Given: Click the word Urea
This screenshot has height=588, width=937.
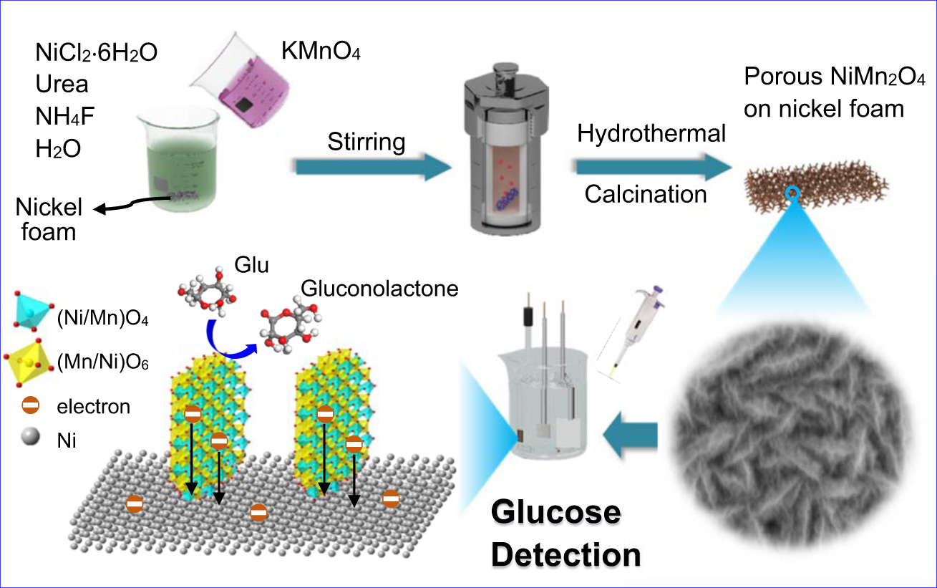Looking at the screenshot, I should [x=62, y=85].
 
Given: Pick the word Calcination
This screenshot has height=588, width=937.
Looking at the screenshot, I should [x=646, y=194].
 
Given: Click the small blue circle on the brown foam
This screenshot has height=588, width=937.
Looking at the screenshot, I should [x=792, y=193].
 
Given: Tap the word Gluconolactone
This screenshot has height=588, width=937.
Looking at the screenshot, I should [x=379, y=289].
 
